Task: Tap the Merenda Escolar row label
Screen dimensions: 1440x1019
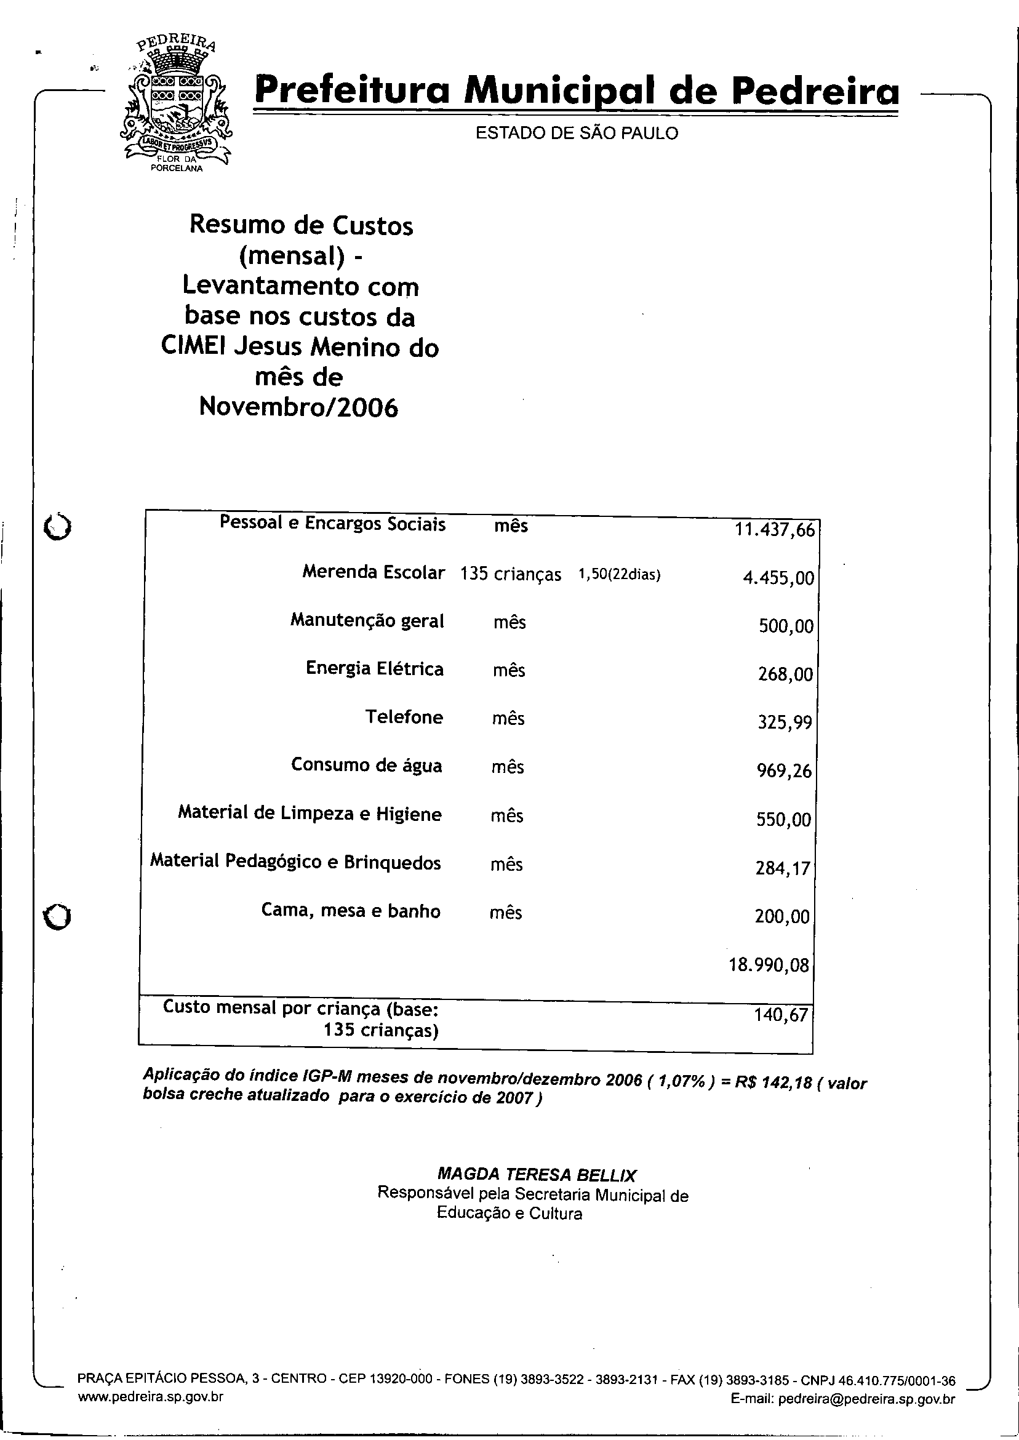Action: click(x=374, y=572)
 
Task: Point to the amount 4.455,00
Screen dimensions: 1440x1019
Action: click(x=778, y=578)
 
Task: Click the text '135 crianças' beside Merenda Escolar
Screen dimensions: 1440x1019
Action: click(x=511, y=574)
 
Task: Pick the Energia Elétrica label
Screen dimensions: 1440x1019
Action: click(x=375, y=669)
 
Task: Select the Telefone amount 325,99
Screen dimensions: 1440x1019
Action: click(x=785, y=723)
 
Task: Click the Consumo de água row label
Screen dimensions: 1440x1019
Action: click(x=367, y=766)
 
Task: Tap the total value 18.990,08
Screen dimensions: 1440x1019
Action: click(x=769, y=965)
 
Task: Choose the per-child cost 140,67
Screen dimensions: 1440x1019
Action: click(x=781, y=1015)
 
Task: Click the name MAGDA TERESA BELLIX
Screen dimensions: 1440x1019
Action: click(x=537, y=1175)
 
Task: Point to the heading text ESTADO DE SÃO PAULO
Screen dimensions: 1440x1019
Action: click(x=577, y=134)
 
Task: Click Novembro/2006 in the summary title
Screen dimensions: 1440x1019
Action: click(x=298, y=408)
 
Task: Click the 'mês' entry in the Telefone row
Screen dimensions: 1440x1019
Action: click(x=508, y=718)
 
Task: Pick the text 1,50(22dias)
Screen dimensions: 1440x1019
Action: click(x=619, y=575)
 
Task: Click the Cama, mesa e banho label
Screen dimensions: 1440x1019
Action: click(x=351, y=911)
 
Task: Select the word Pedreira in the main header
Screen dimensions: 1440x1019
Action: click(x=815, y=92)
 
